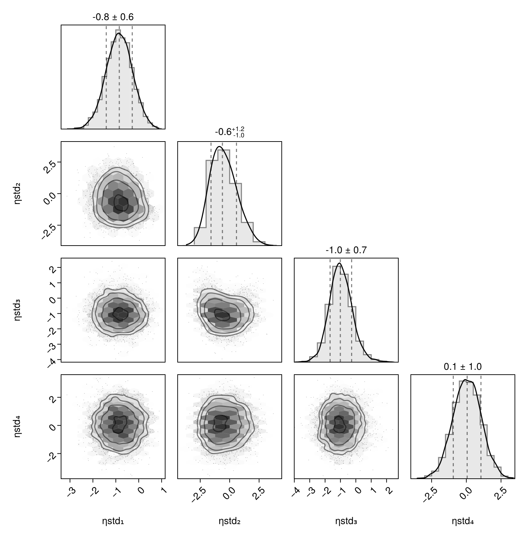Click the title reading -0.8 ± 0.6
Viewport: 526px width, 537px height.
coord(113,17)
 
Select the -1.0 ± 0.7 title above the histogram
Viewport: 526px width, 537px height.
coord(346,250)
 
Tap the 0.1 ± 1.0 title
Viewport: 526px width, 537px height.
coord(463,367)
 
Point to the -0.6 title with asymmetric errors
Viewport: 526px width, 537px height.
coord(229,132)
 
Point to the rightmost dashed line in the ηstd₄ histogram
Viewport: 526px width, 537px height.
coord(481,427)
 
